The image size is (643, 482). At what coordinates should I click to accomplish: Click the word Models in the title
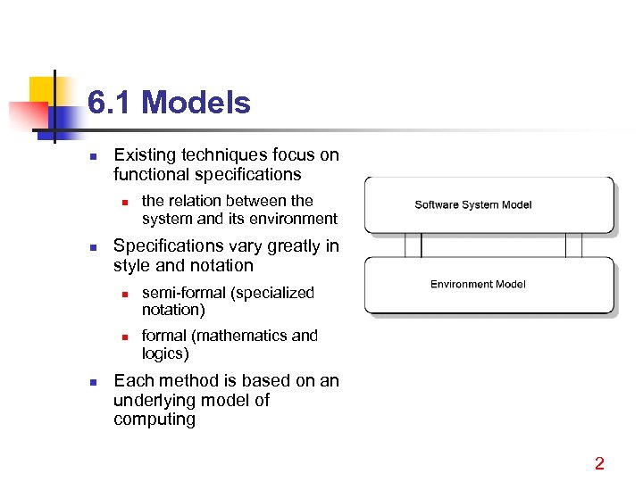(196, 104)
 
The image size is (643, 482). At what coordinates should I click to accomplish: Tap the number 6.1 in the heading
(111, 104)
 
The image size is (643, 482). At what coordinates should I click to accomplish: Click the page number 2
(599, 463)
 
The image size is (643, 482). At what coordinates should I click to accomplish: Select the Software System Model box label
(472, 205)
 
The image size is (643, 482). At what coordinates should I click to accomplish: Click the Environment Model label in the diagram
(478, 285)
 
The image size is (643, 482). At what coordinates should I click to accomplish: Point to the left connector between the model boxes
(413, 245)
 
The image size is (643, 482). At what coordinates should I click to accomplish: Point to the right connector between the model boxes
(573, 245)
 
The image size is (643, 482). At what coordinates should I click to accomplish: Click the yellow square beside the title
(43, 89)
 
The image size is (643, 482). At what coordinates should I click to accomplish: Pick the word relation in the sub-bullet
(198, 201)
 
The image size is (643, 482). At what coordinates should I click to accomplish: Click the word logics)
(165, 353)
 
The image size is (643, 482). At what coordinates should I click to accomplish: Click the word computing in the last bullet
(154, 420)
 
